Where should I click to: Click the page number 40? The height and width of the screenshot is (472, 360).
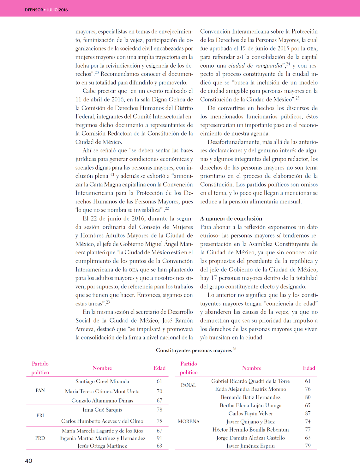28,461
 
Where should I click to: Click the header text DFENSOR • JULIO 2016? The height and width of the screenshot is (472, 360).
46,10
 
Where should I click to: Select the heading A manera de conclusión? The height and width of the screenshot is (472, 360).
231,218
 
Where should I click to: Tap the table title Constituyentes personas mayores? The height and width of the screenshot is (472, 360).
194,350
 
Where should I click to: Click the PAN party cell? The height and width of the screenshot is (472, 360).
40,390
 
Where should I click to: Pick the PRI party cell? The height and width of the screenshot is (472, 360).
40,415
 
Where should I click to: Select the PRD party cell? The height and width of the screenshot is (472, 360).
40,438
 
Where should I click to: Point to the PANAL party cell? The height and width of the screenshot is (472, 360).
189,385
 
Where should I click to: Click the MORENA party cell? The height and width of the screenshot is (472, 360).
189,421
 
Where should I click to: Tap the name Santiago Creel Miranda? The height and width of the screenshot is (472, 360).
102,381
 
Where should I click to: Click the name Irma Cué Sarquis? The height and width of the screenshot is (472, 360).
102,410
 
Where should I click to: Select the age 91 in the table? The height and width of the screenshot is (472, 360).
159,438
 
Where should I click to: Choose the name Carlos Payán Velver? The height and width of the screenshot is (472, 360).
250,414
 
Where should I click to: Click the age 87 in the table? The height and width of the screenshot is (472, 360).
308,414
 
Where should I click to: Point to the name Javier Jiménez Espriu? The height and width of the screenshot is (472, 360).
250,446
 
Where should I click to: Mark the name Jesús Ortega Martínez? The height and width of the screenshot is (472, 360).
102,446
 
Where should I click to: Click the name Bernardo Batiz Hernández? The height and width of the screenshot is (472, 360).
250,397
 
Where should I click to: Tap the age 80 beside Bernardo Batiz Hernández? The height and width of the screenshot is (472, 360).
308,397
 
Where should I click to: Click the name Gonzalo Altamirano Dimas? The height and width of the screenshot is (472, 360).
102,401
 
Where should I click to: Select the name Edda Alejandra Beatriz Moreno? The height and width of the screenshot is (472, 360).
250,389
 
